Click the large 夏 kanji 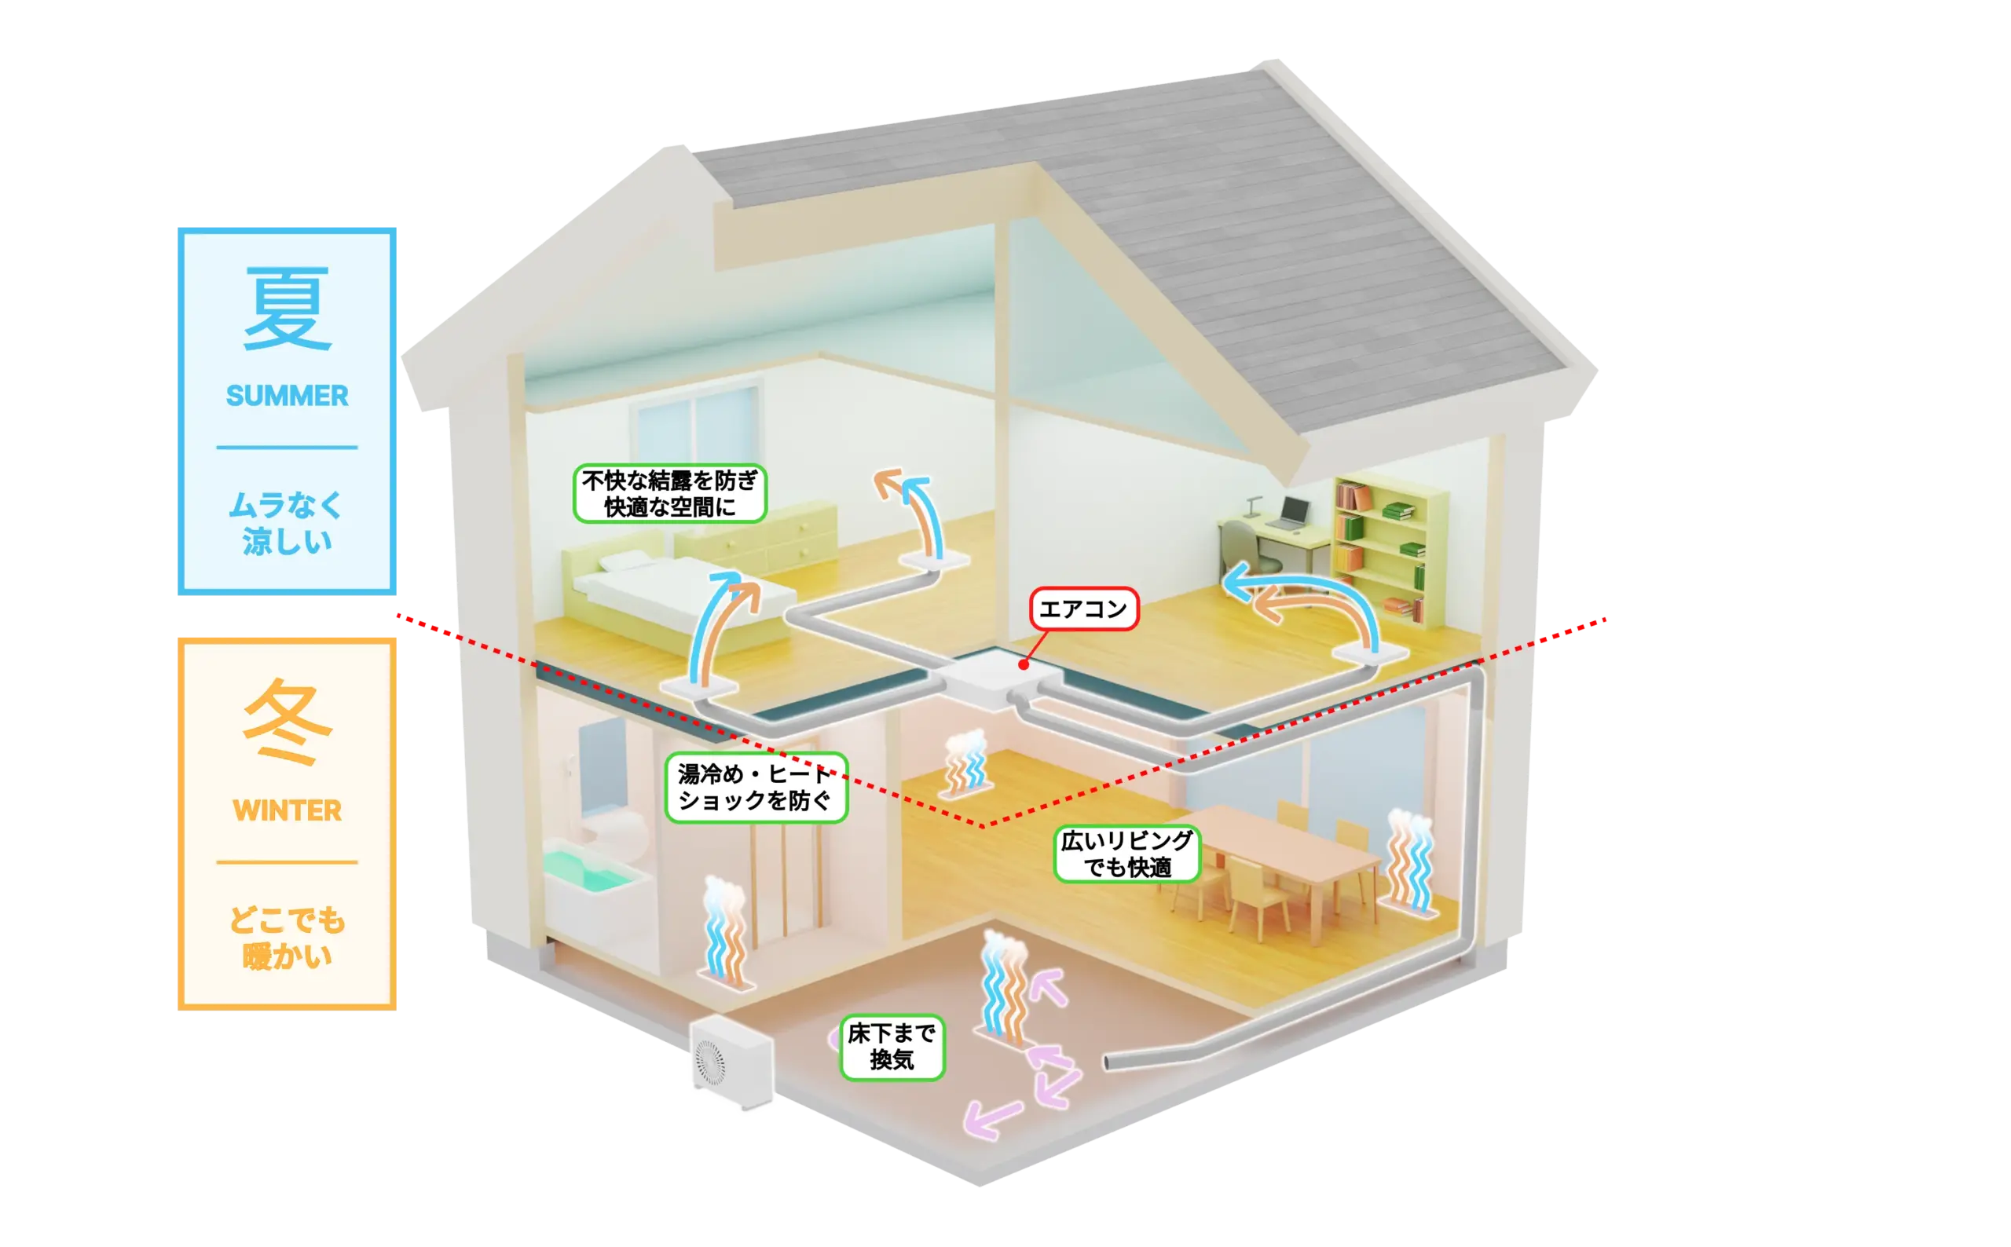pos(287,309)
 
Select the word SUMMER pos(287,396)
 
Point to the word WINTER pos(287,810)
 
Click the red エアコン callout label pos(1083,609)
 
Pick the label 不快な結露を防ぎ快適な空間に pos(670,494)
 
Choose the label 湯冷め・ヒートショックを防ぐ pos(756,788)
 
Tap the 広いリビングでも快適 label pos(1126,854)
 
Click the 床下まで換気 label pos(892,1047)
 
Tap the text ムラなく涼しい pos(287,523)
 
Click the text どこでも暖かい pos(287,938)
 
